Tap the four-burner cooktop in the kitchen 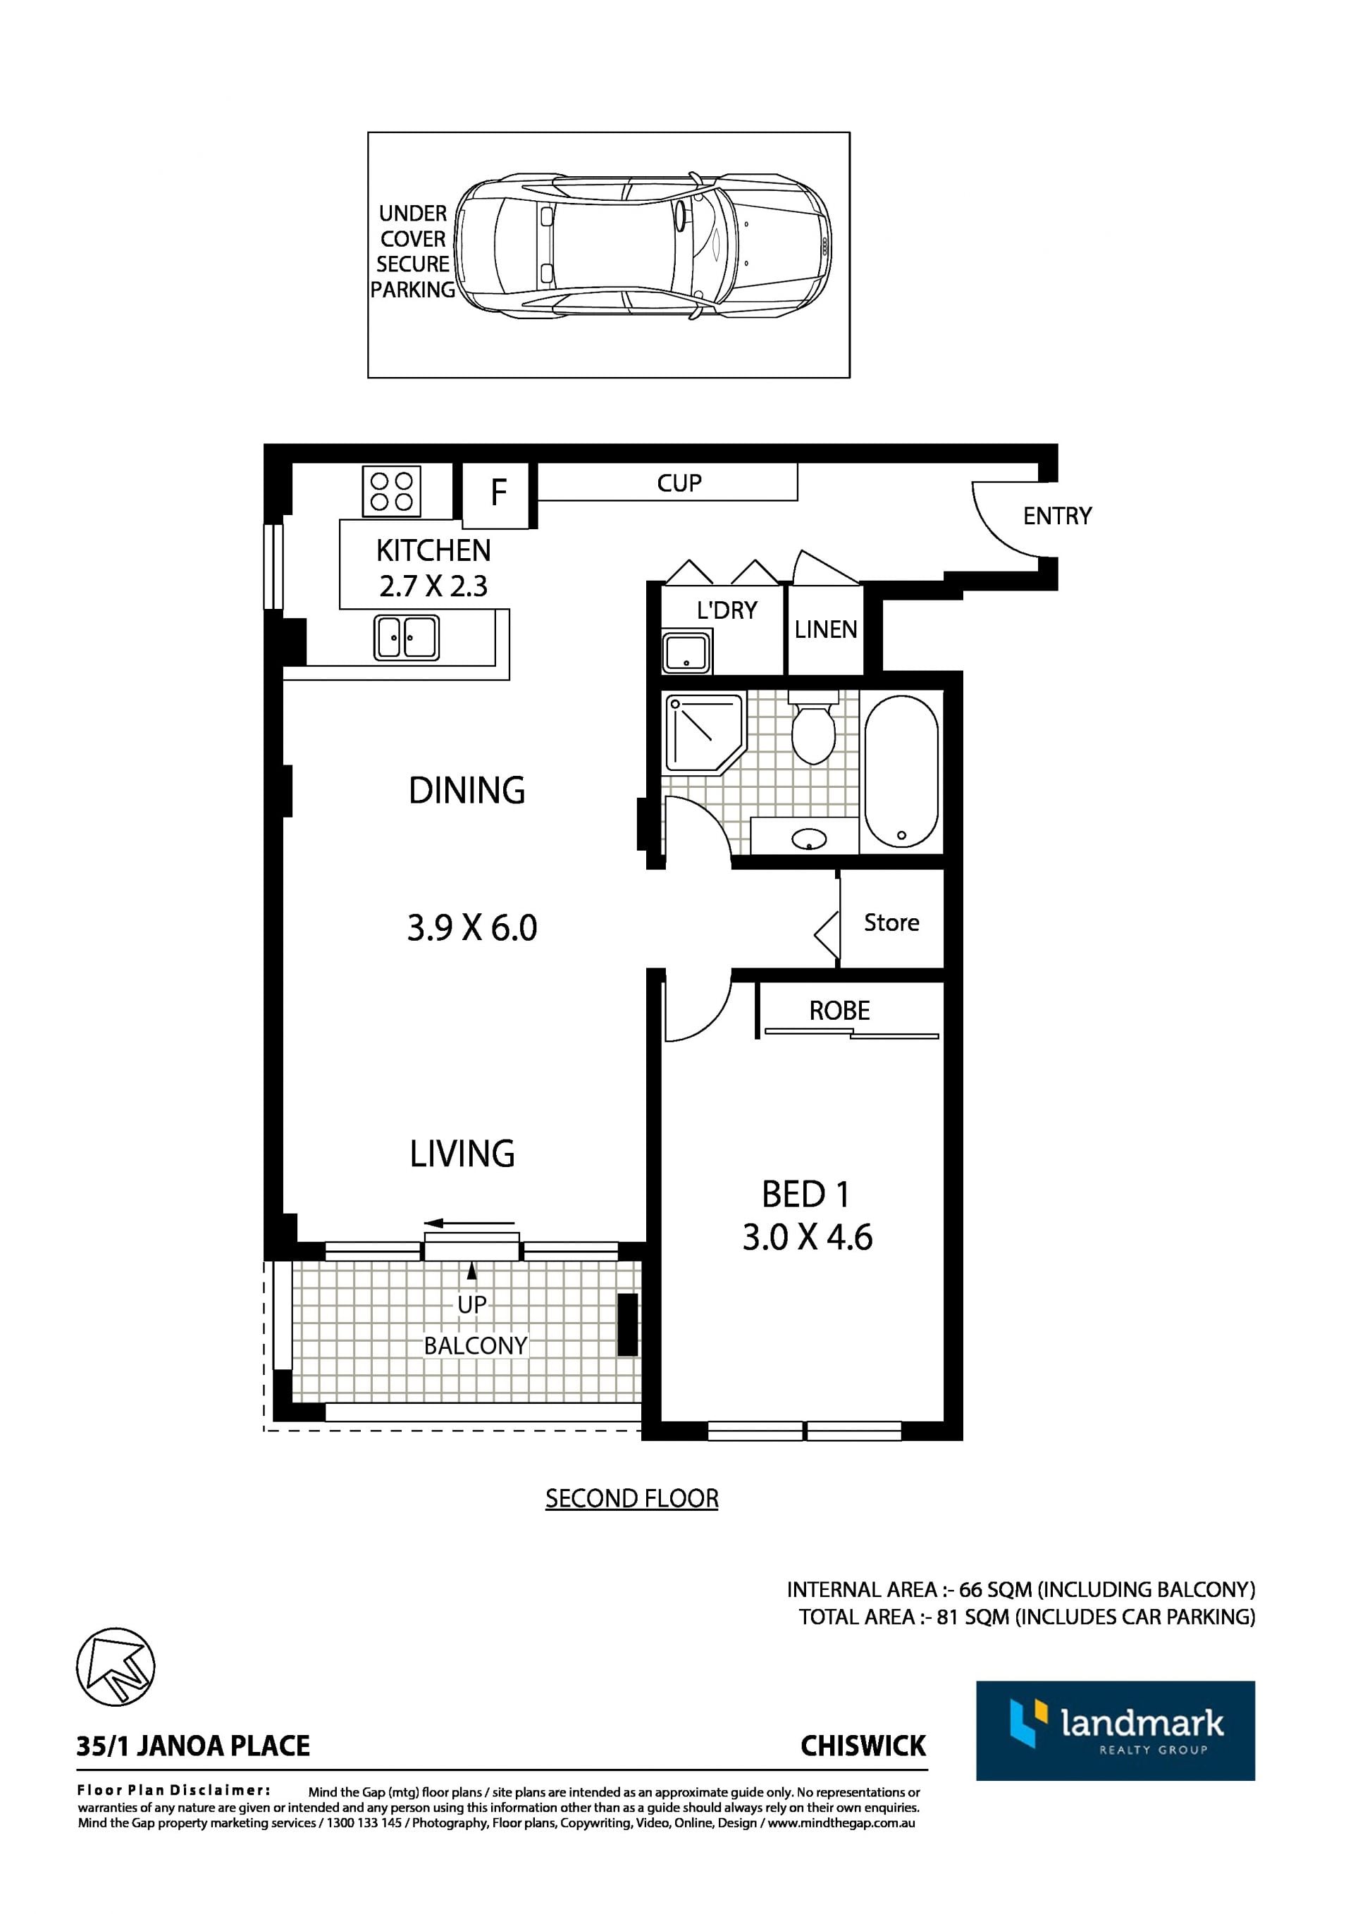tap(391, 491)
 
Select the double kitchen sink tap(406, 638)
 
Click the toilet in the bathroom tap(813, 727)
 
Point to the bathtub tap(901, 772)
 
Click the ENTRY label tap(1057, 516)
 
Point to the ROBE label tap(839, 1011)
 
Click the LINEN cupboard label tap(825, 629)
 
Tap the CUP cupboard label tap(679, 483)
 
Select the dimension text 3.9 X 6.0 tap(472, 928)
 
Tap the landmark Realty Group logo tap(1116, 1731)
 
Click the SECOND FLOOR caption tap(632, 1498)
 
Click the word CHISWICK tap(863, 1746)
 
